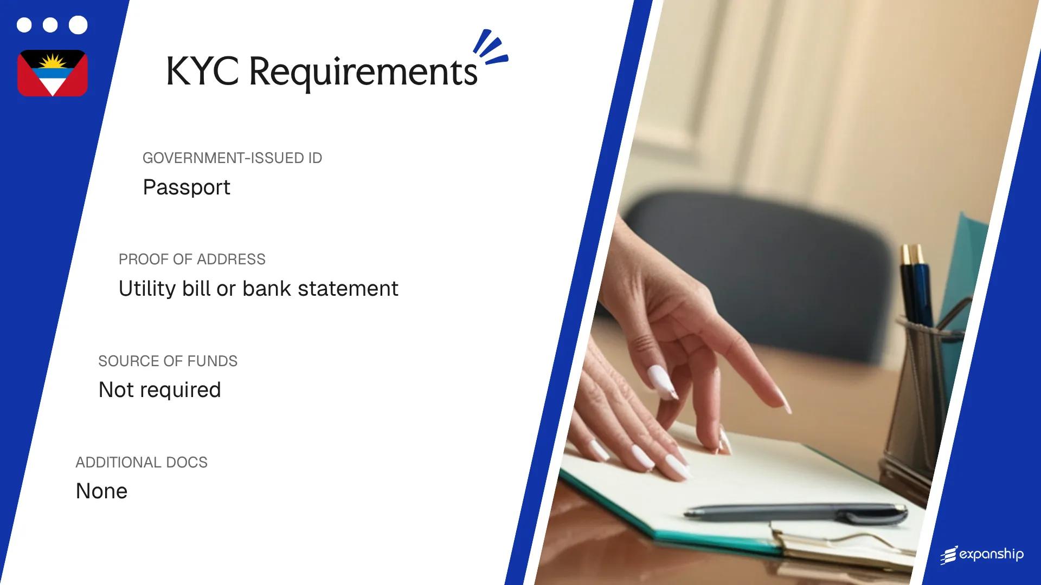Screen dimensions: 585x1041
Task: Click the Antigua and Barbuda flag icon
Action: (x=53, y=73)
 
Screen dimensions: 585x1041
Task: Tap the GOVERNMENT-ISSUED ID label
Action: (x=232, y=158)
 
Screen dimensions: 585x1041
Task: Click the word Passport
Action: (x=187, y=187)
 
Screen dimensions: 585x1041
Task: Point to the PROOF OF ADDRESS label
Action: (x=192, y=259)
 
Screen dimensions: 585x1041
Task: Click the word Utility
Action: (x=147, y=289)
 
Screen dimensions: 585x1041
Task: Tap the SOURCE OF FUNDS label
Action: (x=168, y=361)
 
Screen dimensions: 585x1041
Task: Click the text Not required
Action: (x=159, y=390)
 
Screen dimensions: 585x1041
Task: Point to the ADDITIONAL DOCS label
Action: (x=142, y=463)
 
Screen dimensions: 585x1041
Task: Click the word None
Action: (x=101, y=491)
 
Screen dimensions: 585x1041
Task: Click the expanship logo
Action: (x=982, y=555)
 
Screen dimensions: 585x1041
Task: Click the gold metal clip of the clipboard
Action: (x=846, y=547)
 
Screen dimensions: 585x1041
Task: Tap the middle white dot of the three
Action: (x=50, y=25)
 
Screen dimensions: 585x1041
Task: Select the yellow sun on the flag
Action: (x=53, y=61)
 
